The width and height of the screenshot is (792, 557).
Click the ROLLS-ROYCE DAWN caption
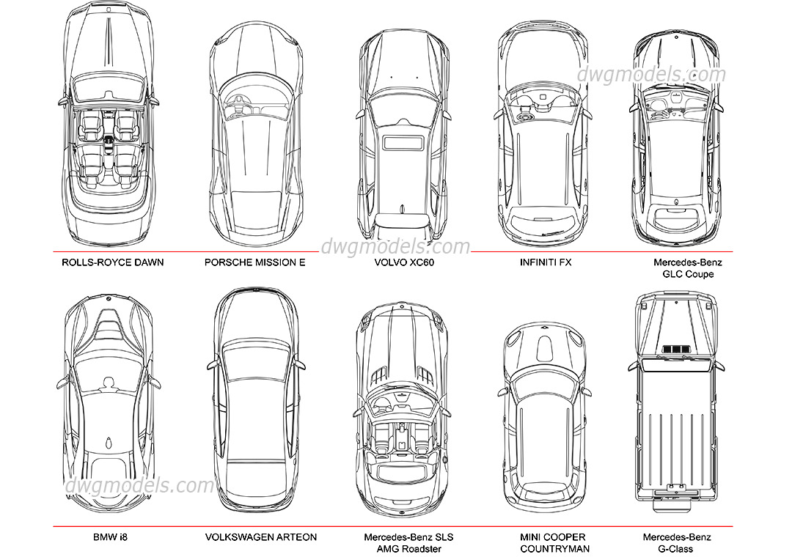112,262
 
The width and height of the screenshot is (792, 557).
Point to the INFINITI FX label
545,262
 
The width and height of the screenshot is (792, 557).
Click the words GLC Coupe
688,274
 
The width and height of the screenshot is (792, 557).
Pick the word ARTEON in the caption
297,537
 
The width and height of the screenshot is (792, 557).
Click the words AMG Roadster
408,549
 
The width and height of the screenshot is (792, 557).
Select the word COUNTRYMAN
554,549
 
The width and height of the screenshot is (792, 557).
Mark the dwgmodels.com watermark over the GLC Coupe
650,74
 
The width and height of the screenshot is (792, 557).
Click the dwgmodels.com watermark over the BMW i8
139,485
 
